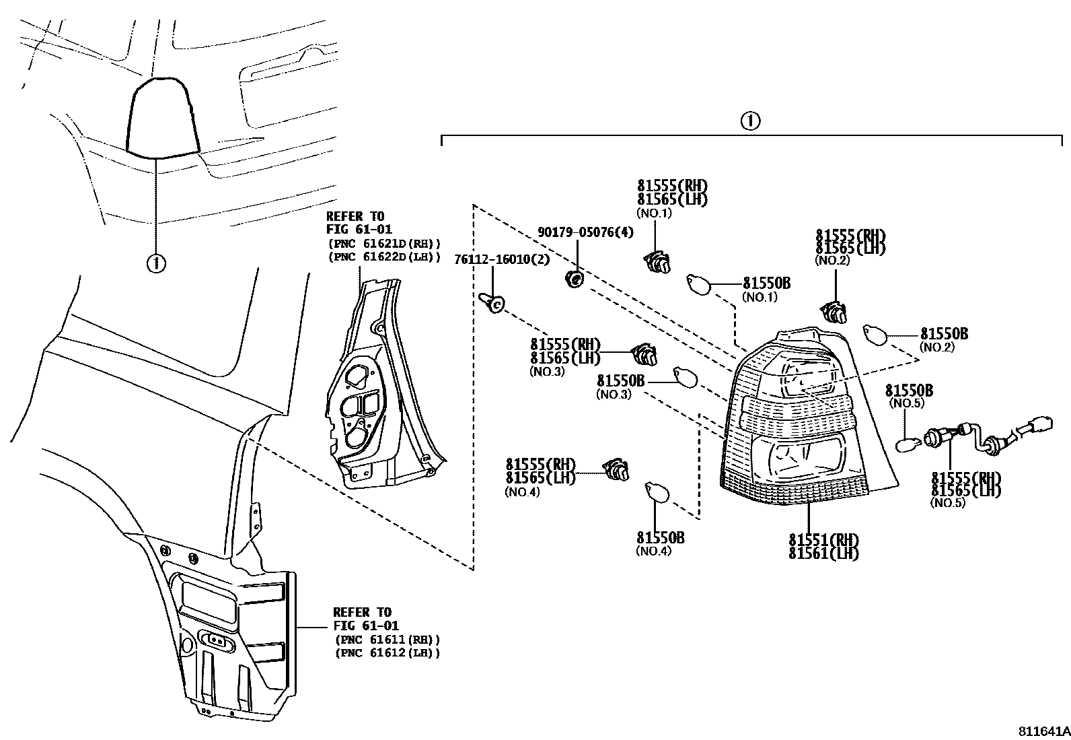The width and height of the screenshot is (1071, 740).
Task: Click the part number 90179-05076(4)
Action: (x=585, y=232)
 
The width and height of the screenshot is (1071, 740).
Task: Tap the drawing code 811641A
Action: (x=1042, y=731)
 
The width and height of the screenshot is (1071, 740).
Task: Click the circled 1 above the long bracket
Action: (x=750, y=121)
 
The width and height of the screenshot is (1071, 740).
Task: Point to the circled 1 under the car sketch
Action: (x=156, y=263)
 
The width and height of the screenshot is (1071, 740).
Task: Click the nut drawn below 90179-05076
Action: (x=575, y=278)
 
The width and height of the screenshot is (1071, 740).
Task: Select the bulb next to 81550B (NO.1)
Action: (x=698, y=283)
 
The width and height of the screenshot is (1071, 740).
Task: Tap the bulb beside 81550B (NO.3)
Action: (x=685, y=378)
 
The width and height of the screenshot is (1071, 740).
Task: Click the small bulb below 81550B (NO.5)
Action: (x=908, y=444)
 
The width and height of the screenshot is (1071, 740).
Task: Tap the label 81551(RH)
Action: (x=823, y=540)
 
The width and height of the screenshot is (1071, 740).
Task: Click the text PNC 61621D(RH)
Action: (x=385, y=244)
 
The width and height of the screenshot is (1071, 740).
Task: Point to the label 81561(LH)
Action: (x=823, y=553)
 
